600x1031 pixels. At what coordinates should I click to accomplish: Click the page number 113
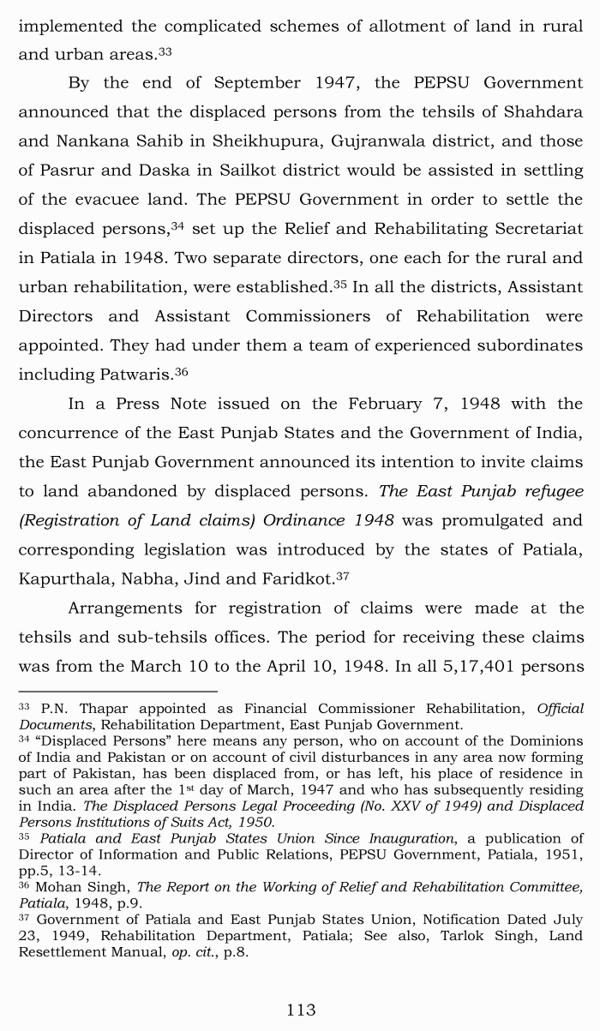[301, 1010]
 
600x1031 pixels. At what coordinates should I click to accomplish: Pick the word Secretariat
[529, 229]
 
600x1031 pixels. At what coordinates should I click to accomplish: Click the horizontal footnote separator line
[117, 691]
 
